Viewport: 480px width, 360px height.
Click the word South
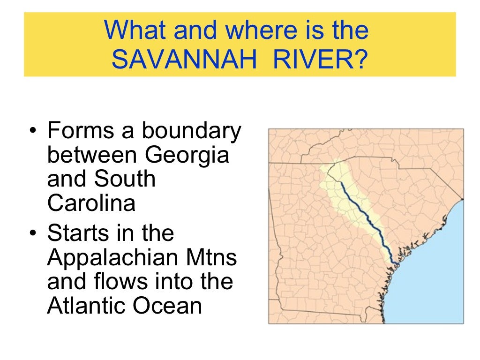(125, 179)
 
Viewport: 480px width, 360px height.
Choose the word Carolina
(91, 203)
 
